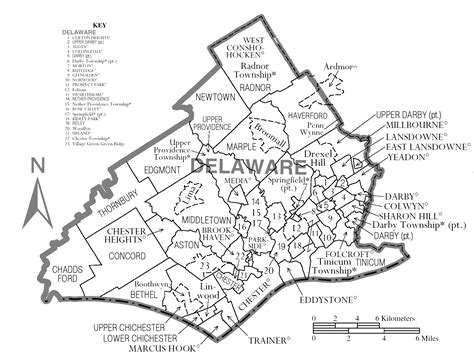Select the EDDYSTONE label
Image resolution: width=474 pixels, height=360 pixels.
326,300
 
